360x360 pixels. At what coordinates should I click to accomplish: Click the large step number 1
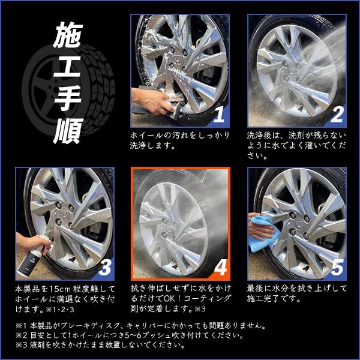[x=219, y=115]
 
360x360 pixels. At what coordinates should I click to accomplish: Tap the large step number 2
[x=337, y=115]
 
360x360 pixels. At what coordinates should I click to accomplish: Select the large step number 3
[x=104, y=268]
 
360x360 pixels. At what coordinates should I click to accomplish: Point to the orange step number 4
[x=221, y=268]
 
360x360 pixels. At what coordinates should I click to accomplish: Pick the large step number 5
[x=337, y=268]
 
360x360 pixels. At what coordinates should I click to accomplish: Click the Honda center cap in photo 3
[x=64, y=215]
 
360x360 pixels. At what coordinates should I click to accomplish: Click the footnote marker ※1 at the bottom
[x=22, y=326]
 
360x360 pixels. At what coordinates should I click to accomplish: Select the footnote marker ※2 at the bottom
[x=22, y=335]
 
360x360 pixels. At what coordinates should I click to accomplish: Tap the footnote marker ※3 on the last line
[x=22, y=345]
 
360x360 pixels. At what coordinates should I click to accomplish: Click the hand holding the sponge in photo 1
[x=152, y=101]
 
